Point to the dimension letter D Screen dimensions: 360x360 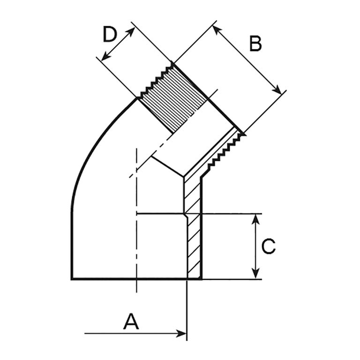click(x=110, y=35)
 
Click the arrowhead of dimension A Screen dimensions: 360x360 click(x=182, y=333)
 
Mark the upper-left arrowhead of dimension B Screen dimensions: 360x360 click(x=216, y=30)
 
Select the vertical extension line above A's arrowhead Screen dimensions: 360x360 click(x=187, y=305)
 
